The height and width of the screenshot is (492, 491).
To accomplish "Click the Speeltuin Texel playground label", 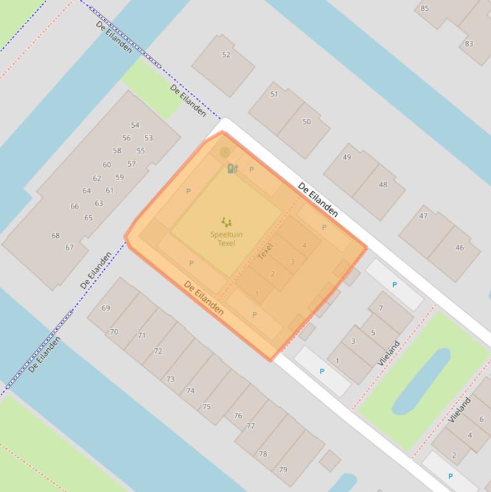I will (x=226, y=239).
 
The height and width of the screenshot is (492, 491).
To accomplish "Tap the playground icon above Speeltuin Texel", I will (x=226, y=222).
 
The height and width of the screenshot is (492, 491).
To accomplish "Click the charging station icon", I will (x=232, y=168).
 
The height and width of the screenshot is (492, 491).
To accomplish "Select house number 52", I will (x=226, y=55).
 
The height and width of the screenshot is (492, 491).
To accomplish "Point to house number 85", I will (x=425, y=8).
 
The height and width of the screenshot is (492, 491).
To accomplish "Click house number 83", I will (x=469, y=43).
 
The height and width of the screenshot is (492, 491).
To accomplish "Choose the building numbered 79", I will (x=283, y=470).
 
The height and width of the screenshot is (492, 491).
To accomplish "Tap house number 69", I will (x=106, y=308).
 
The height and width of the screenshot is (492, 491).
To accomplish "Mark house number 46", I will (x=460, y=248).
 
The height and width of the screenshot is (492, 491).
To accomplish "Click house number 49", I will (x=347, y=157).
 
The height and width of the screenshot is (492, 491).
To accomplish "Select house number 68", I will (x=56, y=236).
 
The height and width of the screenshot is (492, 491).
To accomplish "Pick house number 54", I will (x=135, y=125).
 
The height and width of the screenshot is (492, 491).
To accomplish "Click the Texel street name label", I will (x=266, y=251).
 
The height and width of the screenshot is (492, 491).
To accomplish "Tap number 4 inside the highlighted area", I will (x=304, y=245).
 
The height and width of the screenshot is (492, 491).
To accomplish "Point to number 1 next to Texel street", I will (x=257, y=294).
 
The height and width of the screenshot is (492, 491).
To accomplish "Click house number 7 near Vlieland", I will (x=381, y=309).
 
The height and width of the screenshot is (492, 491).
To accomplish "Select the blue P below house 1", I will (x=322, y=371).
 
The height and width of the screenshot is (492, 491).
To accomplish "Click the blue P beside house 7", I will (x=395, y=285).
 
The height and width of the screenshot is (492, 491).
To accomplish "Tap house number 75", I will (x=206, y=406).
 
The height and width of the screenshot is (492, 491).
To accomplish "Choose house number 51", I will (x=275, y=94).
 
